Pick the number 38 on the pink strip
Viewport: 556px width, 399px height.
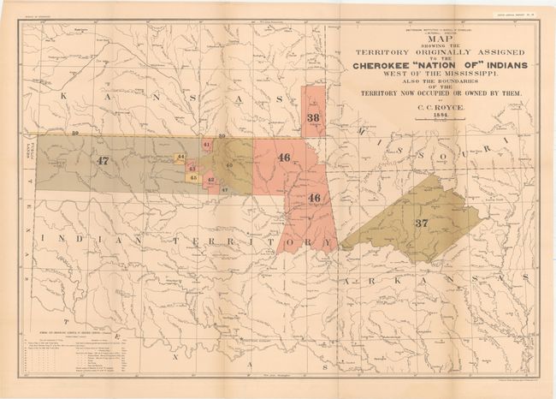(x=314, y=117)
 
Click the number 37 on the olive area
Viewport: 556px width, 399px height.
(x=421, y=223)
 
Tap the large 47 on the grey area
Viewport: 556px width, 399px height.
(x=104, y=160)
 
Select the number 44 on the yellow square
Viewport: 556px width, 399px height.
(x=180, y=158)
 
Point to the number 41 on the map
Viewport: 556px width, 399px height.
(x=207, y=146)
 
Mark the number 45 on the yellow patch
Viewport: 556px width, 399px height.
(x=193, y=177)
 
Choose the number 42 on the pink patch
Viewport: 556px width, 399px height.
(x=210, y=180)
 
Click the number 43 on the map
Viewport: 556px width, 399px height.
(x=192, y=168)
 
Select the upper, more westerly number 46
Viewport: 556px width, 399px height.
(x=284, y=157)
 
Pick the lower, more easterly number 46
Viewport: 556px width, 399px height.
(x=314, y=198)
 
